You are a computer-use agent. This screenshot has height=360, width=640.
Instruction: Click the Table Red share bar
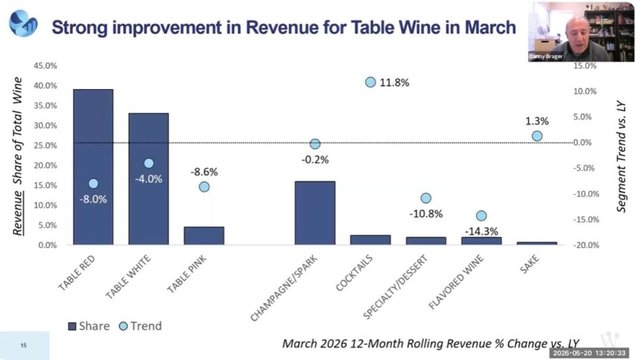click(x=93, y=167)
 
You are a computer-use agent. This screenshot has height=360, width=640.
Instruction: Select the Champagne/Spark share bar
click(x=315, y=213)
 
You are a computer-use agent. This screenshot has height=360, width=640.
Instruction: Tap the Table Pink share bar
click(x=204, y=236)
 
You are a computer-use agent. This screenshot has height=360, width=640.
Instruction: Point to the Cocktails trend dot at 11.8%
click(x=371, y=82)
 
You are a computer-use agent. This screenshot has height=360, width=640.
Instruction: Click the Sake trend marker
click(x=537, y=136)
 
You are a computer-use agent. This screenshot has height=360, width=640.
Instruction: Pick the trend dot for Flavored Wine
click(x=481, y=216)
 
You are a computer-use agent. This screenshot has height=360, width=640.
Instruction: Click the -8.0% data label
click(x=93, y=200)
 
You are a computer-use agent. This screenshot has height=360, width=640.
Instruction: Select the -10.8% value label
click(x=426, y=214)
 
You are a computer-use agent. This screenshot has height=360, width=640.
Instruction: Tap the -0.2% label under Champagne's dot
click(x=315, y=160)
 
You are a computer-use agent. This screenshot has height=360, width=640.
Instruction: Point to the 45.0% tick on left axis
click(x=45, y=66)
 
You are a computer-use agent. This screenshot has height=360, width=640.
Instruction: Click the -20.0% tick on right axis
click(x=586, y=245)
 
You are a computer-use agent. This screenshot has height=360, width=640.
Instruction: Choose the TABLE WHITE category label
click(x=128, y=276)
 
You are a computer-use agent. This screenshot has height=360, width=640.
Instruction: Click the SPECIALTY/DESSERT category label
click(x=395, y=287)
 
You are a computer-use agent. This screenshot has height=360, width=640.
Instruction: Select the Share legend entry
click(x=88, y=326)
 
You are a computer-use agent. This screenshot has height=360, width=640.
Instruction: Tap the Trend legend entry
click(x=140, y=326)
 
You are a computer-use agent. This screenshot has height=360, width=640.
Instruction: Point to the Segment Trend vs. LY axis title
click(x=621, y=156)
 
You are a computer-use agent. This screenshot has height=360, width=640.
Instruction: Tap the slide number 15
click(x=24, y=345)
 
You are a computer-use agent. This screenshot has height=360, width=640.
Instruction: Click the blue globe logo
click(x=24, y=24)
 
